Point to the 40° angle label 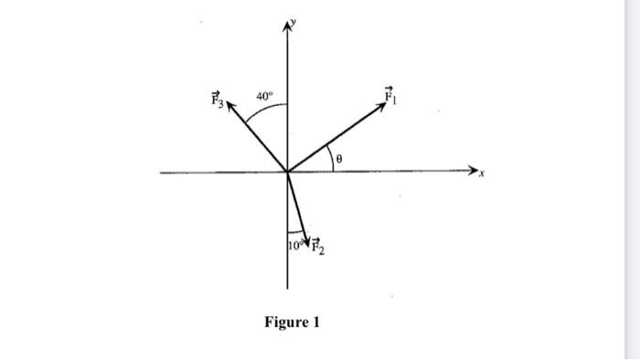click(x=265, y=95)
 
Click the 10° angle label click(x=293, y=245)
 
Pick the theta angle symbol click(x=339, y=159)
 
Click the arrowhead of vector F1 click(x=385, y=103)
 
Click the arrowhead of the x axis click(x=474, y=171)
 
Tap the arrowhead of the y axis click(x=287, y=28)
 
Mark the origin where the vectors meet click(x=287, y=171)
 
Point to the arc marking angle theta click(x=331, y=155)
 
